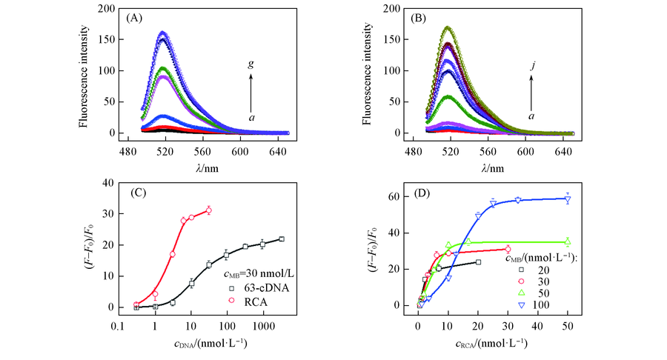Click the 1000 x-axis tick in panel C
tap(263, 321)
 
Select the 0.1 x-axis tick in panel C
tap(121, 321)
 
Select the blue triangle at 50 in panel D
tap(568, 199)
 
